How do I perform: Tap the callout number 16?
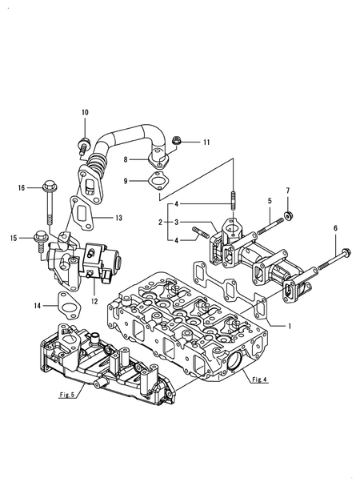(22, 188)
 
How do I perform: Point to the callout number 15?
(12, 237)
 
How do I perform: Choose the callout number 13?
(118, 218)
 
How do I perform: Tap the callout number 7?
(290, 191)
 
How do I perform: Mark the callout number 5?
(269, 200)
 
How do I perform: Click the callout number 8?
(126, 160)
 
